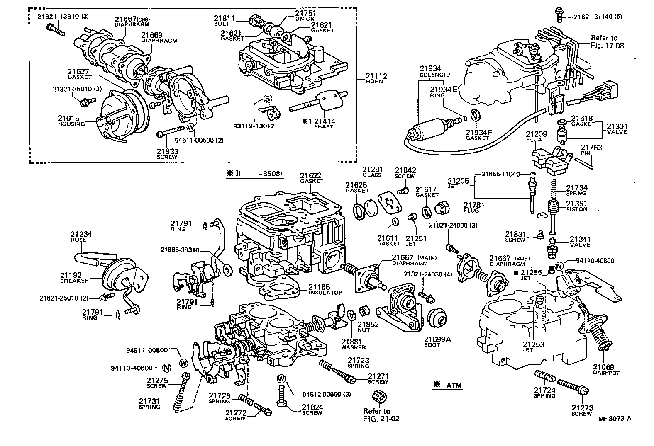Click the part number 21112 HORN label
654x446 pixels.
coord(376,79)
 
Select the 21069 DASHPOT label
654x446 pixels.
coord(606,369)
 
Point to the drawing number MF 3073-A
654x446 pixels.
coord(615,418)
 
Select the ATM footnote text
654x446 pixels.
coord(448,385)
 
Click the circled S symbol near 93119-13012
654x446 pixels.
coord(267,98)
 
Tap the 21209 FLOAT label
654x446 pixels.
coord(537,137)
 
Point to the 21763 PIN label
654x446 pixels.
coord(591,150)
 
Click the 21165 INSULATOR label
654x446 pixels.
coord(325,289)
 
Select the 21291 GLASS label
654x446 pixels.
coord(372,172)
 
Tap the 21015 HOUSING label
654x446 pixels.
coord(71,121)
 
